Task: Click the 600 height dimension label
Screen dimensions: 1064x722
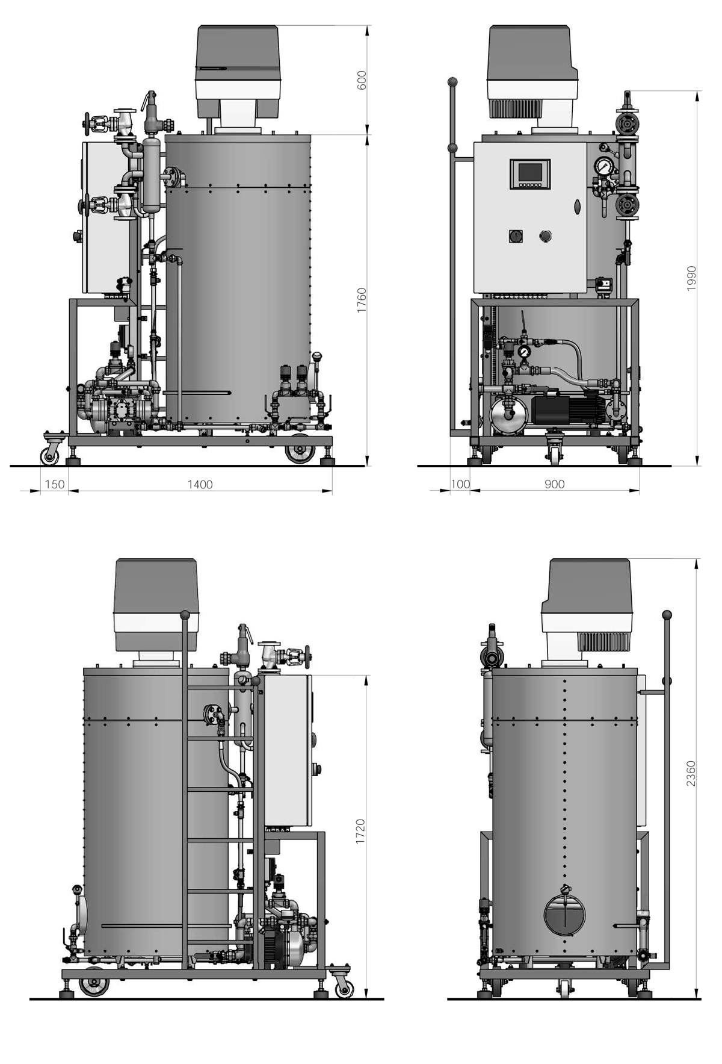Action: (x=362, y=81)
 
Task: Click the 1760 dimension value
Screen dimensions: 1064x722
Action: (x=362, y=299)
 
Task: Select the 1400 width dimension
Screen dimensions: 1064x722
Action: (x=200, y=485)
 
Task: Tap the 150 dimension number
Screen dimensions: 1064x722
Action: (x=54, y=485)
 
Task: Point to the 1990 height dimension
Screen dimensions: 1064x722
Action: (x=691, y=278)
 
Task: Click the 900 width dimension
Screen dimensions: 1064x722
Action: (x=554, y=485)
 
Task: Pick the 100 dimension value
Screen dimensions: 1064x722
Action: (x=460, y=485)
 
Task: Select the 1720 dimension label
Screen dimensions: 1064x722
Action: (x=360, y=831)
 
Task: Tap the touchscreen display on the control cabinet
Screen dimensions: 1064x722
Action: (x=530, y=173)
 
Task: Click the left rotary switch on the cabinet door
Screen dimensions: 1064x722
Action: (x=516, y=235)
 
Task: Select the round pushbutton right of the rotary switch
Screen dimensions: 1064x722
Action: (x=545, y=235)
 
